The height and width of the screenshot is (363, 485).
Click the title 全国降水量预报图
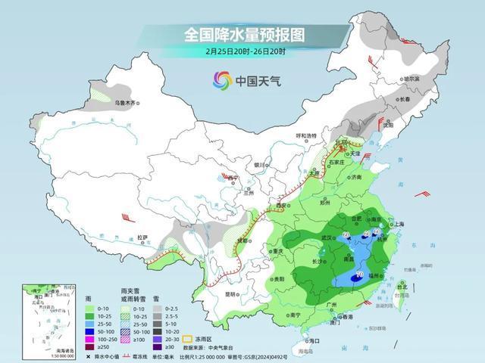pyautogui.click(x=243, y=35)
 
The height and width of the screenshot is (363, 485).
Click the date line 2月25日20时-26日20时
pyautogui.click(x=243, y=51)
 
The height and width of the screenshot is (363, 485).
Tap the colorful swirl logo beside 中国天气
pyautogui.click(x=221, y=79)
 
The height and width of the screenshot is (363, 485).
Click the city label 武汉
pyautogui.click(x=327, y=237)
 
